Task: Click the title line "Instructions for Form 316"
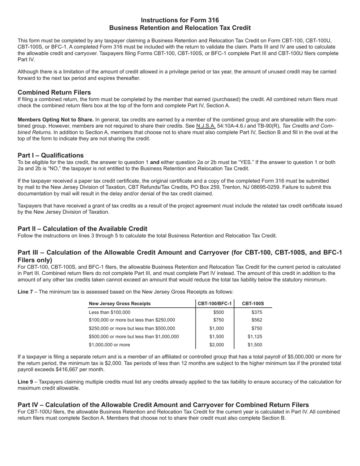pyautogui.click(x=180, y=20)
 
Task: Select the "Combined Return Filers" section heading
pyautogui.click(x=54, y=92)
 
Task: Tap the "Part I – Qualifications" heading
pyautogui.click(x=51, y=155)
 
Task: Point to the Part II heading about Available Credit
pyautogui.click(x=83, y=228)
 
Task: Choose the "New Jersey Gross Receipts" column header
pyautogui.click(x=119, y=303)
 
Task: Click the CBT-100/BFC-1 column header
pyautogui.click(x=215, y=303)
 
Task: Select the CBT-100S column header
pyautogui.click(x=253, y=303)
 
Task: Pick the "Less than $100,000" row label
pyautogui.click(x=110, y=312)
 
